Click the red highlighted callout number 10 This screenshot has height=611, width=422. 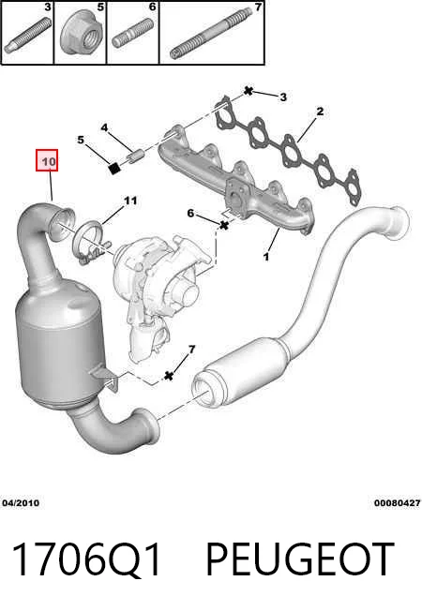[x=47, y=160]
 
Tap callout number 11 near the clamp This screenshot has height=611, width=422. [x=130, y=201]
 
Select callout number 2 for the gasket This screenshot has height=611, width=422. [x=320, y=112]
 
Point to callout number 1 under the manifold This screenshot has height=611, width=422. [x=266, y=257]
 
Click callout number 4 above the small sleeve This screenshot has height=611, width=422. [x=104, y=127]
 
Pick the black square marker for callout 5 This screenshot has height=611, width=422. [x=113, y=169]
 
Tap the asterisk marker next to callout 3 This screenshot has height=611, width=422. [x=249, y=91]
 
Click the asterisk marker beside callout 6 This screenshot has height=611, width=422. [x=224, y=225]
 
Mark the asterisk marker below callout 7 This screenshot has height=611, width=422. [x=169, y=376]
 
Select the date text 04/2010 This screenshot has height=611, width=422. [x=21, y=502]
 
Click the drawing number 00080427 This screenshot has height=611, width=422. [x=398, y=503]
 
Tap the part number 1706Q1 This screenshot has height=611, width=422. [x=86, y=559]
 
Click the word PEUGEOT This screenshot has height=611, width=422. [x=299, y=559]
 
